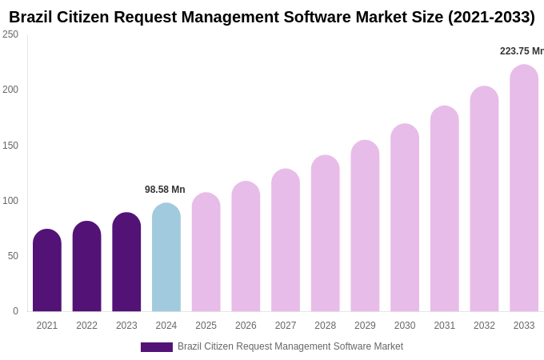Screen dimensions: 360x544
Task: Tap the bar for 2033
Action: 524,189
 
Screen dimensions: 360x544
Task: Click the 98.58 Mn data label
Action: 165,190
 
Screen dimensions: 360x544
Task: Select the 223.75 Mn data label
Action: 522,51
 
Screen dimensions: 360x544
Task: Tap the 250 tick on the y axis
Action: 10,34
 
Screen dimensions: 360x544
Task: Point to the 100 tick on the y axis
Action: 10,201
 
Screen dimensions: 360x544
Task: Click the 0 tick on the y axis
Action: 15,311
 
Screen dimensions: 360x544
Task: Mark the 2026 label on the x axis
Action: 246,326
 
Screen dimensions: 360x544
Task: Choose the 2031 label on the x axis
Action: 445,326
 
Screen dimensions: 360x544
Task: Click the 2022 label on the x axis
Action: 86,326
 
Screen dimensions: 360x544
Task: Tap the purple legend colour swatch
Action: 157,347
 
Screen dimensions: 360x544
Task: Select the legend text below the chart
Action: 290,346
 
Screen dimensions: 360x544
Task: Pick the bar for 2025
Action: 206,253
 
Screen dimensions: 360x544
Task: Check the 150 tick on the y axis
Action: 10,146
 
